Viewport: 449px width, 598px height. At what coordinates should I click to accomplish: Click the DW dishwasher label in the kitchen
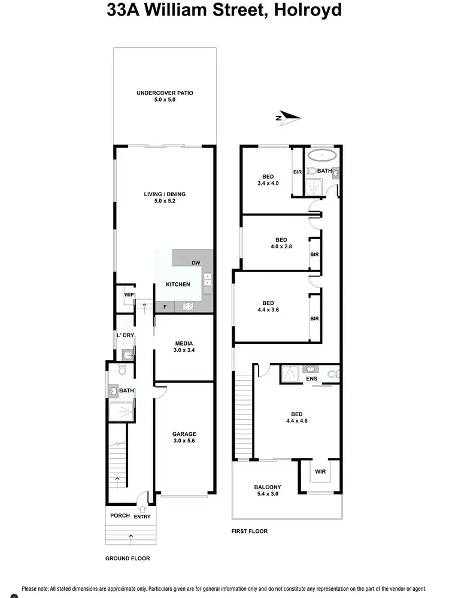tap(196, 263)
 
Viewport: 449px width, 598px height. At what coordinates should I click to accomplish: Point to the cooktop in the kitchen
tap(187, 307)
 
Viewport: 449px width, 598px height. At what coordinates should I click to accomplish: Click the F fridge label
tap(165, 306)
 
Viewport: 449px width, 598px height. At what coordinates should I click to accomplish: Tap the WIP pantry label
tap(128, 295)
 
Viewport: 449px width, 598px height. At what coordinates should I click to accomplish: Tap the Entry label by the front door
tap(142, 517)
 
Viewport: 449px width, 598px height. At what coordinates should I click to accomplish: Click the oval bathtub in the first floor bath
tap(323, 157)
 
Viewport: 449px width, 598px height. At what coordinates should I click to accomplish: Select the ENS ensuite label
tap(311, 379)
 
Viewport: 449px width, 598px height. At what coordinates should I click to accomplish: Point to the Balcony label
tap(268, 487)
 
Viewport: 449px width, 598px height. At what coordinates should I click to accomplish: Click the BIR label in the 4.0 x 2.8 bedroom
tap(314, 254)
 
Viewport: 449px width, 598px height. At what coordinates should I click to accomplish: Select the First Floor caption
tap(250, 531)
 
